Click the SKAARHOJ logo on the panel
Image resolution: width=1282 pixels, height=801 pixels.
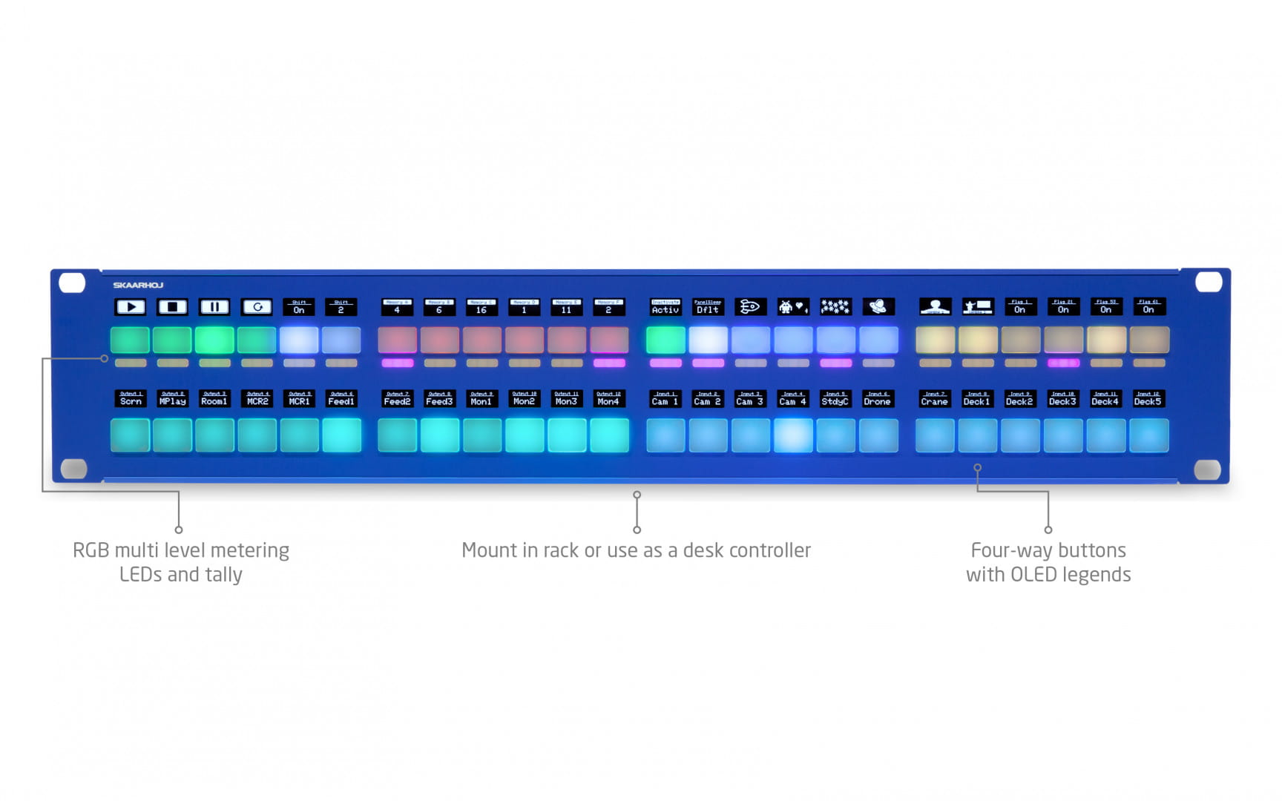[138, 285]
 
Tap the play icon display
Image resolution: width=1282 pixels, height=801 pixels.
[130, 306]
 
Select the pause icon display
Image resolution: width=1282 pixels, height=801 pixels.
[214, 306]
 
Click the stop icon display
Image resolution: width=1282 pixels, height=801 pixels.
[172, 306]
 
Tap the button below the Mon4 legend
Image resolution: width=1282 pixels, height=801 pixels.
[609, 435]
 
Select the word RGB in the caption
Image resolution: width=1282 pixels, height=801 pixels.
[91, 550]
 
